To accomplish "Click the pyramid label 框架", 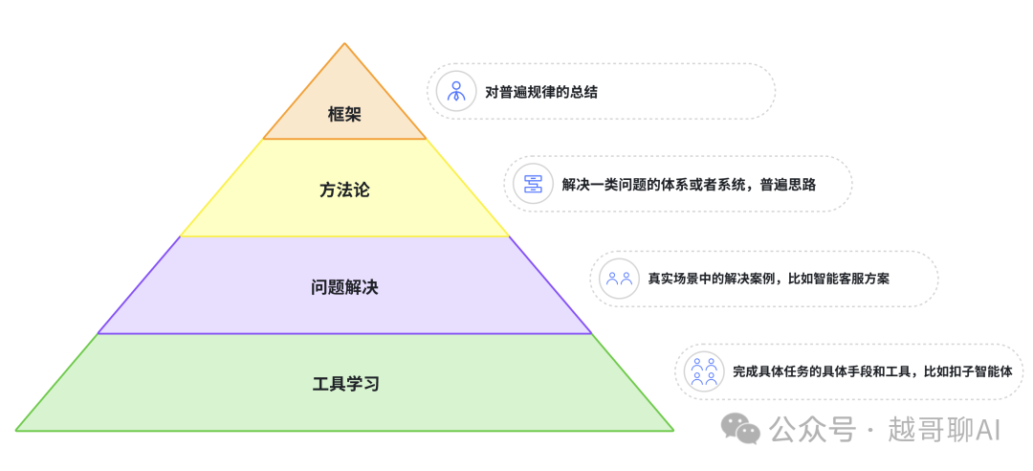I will tap(344, 115).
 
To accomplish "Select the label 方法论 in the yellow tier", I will tap(344, 190).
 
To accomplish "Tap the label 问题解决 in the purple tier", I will tap(344, 286).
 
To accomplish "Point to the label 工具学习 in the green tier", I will tap(345, 384).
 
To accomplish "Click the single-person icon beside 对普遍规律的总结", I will tap(455, 92).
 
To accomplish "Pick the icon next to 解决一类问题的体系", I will tap(533, 184).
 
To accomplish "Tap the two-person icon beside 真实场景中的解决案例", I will tap(618, 279).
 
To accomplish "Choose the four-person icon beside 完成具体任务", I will tap(704, 371).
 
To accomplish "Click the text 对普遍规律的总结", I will tap(541, 92).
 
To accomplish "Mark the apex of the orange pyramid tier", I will tap(344, 44).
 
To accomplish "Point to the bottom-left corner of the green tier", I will tap(17, 430).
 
